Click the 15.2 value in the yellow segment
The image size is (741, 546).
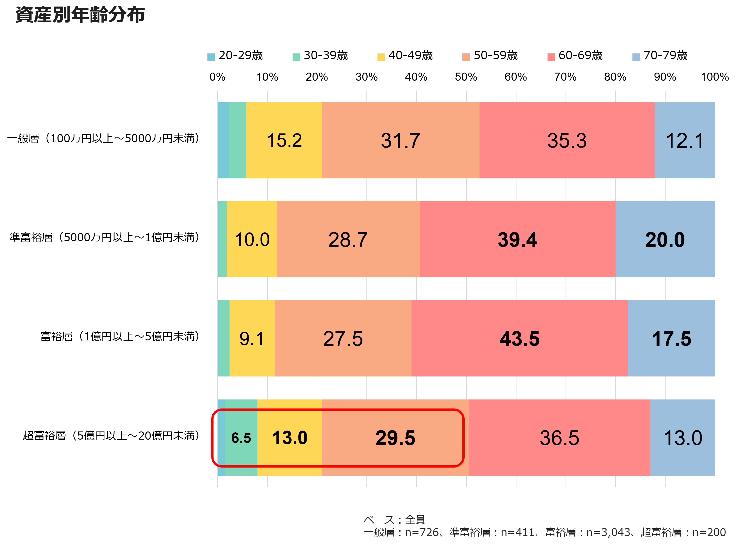coord(284,140)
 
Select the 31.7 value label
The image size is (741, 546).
coord(400,140)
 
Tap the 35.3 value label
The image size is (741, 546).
coord(567,140)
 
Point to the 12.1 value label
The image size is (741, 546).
coord(684,140)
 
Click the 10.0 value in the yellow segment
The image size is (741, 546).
coord(252,240)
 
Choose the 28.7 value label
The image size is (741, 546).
coord(348,240)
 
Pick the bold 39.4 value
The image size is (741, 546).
coord(517,240)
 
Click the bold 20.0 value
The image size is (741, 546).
coord(665,240)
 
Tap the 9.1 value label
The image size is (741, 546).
coord(252,339)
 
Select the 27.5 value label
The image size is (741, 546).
coord(343,339)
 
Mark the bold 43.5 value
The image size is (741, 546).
coord(519,339)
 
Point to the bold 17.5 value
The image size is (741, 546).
coord(671,339)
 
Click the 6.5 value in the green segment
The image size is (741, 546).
coord(241,438)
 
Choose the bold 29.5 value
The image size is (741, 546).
coord(395,438)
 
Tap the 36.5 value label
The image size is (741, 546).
coord(559,438)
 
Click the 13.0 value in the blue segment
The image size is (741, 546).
coord(682,438)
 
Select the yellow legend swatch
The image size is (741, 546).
coord(381,57)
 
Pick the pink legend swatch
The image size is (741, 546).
coord(551,57)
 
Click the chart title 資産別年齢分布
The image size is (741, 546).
coord(80,15)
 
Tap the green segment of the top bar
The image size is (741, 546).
coord(237,140)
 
